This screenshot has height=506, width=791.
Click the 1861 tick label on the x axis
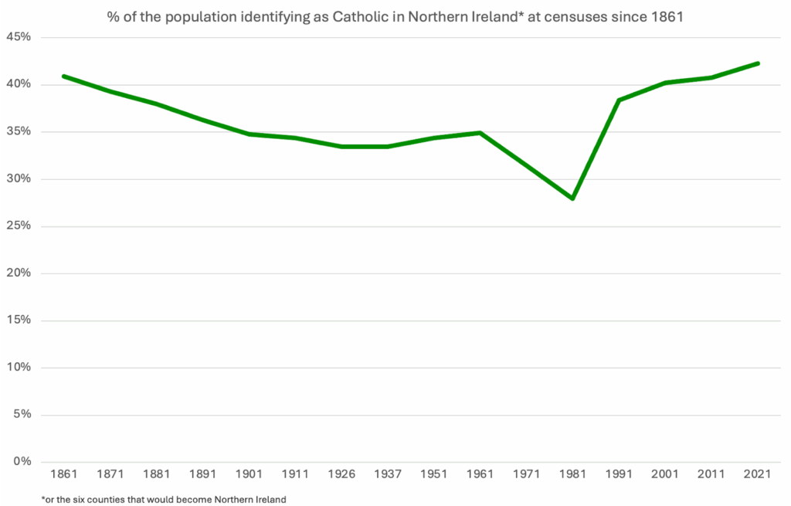tap(63, 474)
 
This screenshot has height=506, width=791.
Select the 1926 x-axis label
tap(341, 474)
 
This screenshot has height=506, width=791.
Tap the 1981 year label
tap(573, 474)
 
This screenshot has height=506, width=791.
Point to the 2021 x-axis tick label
tap(759, 474)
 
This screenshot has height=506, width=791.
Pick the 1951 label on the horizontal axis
tap(434, 474)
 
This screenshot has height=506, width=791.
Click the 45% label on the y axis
tap(19, 38)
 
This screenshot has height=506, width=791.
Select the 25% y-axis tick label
tap(19, 226)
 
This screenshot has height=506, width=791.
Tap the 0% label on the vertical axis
tap(22, 462)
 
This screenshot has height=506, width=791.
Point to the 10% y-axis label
tap(19, 368)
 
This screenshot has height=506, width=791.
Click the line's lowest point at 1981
tap(573, 199)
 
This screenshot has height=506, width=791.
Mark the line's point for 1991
tap(620, 100)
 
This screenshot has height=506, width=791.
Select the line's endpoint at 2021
tap(759, 63)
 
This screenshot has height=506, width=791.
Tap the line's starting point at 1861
tap(63, 76)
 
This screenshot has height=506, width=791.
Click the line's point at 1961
tap(480, 133)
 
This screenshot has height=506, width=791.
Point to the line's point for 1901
tap(249, 134)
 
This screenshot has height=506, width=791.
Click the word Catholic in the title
tap(358, 15)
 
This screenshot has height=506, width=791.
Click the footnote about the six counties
tap(164, 499)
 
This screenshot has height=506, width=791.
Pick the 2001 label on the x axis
tap(666, 474)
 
